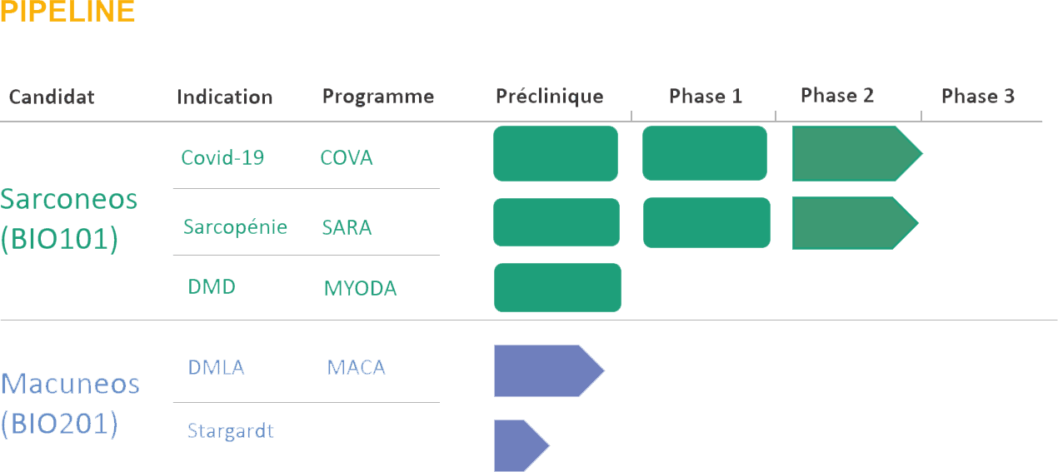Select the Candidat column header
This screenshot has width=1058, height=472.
(52, 97)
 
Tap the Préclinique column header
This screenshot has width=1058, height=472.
(550, 97)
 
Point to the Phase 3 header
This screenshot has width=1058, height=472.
(978, 96)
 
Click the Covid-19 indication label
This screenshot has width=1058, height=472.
(222, 157)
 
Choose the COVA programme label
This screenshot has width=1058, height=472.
(347, 158)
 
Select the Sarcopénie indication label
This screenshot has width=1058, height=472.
(235, 227)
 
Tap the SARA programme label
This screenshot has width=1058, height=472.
(347, 227)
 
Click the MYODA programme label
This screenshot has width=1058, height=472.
(361, 288)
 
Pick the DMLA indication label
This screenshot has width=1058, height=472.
(216, 367)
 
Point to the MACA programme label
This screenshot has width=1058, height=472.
(356, 368)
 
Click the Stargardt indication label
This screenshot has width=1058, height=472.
(231, 431)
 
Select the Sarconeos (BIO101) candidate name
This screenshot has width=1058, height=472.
(68, 219)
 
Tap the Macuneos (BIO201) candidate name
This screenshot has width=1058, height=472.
(70, 404)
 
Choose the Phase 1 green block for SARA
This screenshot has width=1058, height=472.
(706, 223)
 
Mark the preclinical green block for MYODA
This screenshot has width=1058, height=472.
(557, 287)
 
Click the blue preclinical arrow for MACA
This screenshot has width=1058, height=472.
(549, 371)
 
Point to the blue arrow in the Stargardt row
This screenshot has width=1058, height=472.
(522, 445)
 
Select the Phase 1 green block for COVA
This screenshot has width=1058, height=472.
(705, 153)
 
